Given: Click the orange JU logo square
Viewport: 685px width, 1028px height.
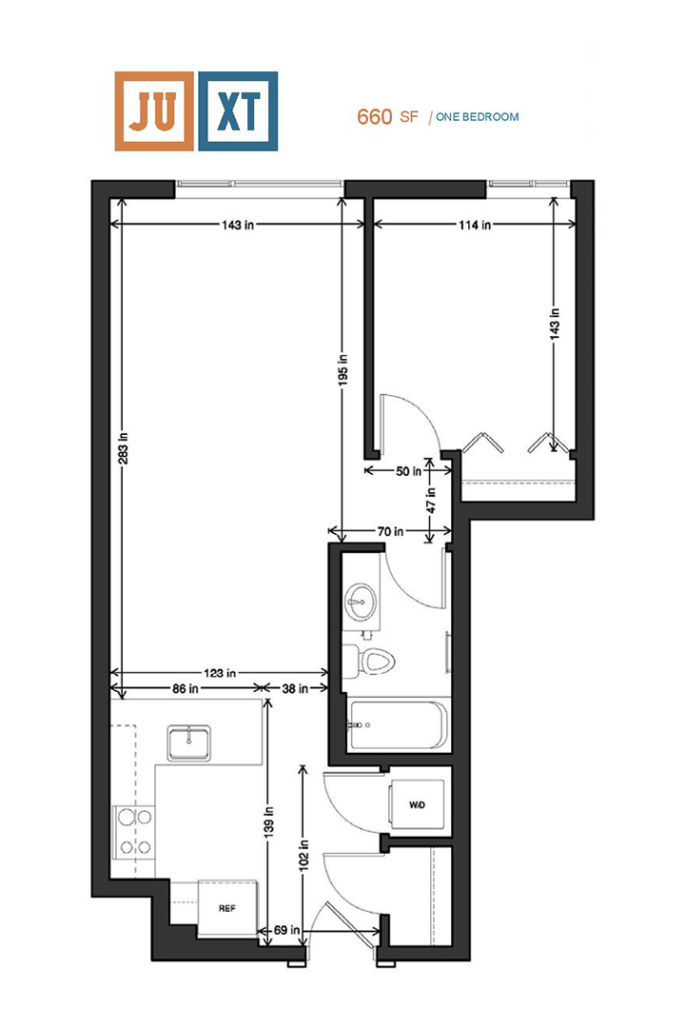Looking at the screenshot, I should [154, 110].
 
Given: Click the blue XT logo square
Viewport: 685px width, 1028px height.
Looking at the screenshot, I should [238, 110].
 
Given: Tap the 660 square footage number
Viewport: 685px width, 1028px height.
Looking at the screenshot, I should [375, 117].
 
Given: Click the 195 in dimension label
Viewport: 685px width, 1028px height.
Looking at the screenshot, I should [342, 369].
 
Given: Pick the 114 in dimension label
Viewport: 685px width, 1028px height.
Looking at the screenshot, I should [473, 226].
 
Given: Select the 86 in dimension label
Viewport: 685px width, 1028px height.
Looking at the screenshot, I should [187, 688].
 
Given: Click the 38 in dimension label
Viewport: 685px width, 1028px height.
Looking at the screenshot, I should [296, 688].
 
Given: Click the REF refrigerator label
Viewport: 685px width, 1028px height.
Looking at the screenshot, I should [226, 908].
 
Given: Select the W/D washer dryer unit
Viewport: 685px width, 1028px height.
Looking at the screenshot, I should [417, 805].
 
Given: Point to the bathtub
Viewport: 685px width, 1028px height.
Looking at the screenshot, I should [396, 725].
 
